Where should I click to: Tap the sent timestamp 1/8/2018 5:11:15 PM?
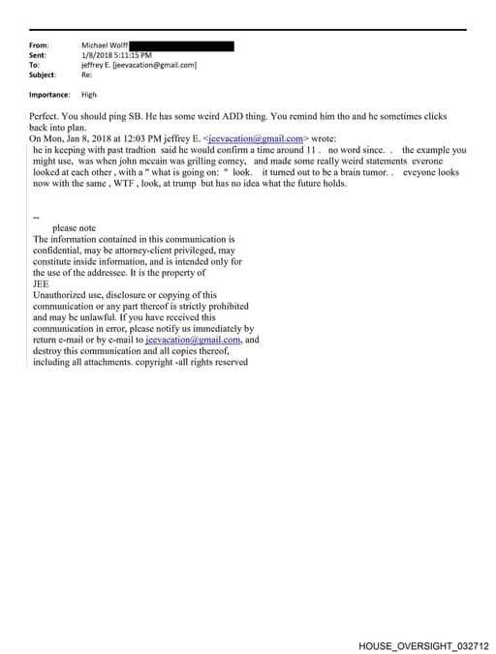click(x=117, y=56)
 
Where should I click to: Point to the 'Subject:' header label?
click(x=43, y=74)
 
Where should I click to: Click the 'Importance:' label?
click(x=49, y=95)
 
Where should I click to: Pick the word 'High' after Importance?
click(x=89, y=95)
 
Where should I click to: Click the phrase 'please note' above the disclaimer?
click(x=75, y=228)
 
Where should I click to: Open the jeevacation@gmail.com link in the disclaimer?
click(x=193, y=340)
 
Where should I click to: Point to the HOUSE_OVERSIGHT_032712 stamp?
click(x=423, y=644)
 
